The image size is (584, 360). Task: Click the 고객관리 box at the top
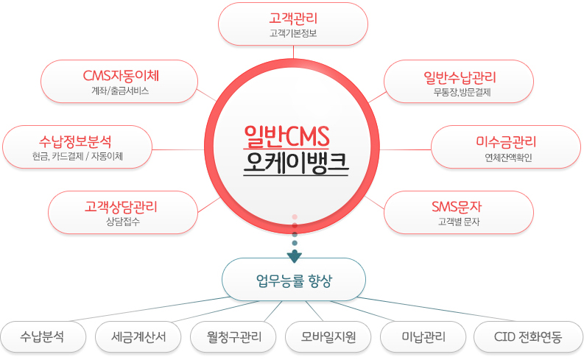pyautogui.click(x=293, y=24)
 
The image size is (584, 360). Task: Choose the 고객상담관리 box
pyautogui.click(x=122, y=211)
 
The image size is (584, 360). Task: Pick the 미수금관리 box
pyautogui.click(x=505, y=146)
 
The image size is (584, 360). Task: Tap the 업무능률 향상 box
pyautogui.click(x=295, y=279)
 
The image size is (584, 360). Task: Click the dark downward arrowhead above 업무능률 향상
pyautogui.click(x=295, y=256)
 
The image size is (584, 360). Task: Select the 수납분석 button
pyautogui.click(x=43, y=337)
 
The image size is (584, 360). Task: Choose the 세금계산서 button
pyautogui.click(x=138, y=337)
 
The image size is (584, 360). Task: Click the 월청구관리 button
pyautogui.click(x=233, y=337)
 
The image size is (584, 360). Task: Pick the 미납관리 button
pyautogui.click(x=423, y=337)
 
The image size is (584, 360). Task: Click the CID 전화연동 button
pyautogui.click(x=528, y=337)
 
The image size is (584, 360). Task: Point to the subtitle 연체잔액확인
pyautogui.click(x=505, y=157)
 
